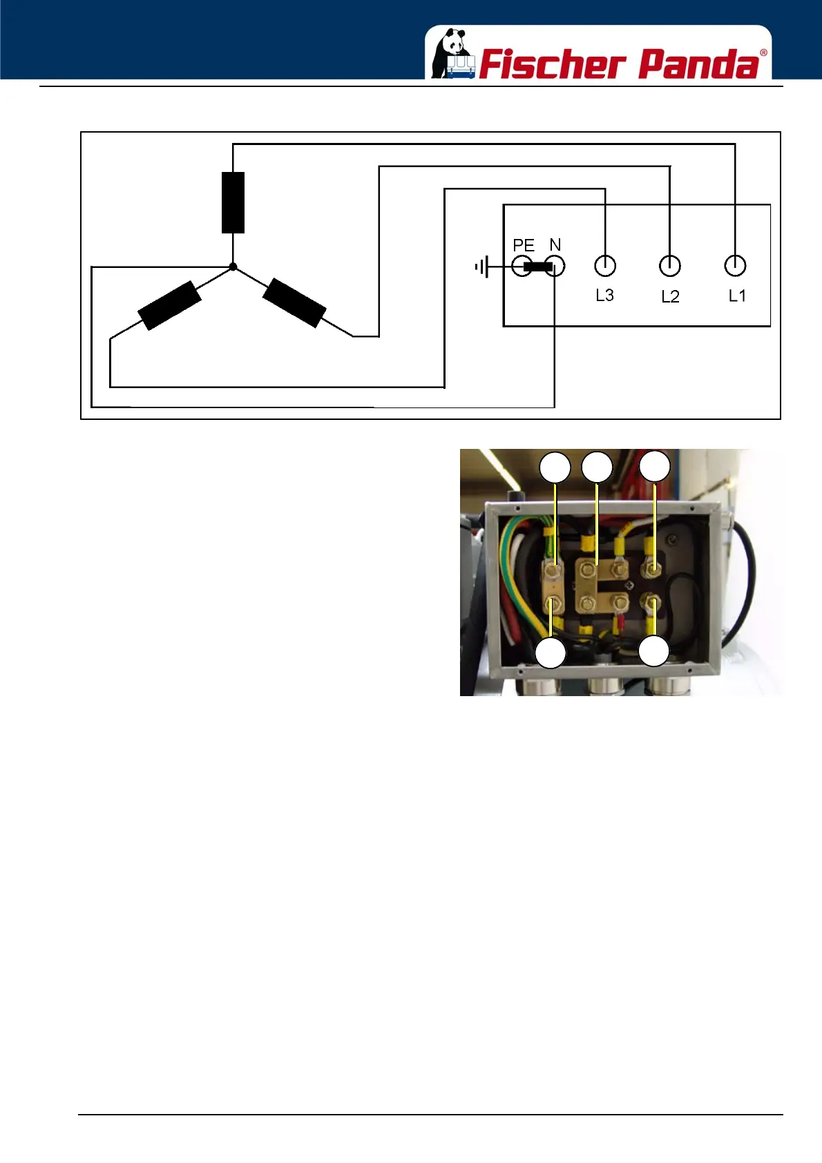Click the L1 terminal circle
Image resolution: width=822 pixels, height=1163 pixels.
tap(735, 265)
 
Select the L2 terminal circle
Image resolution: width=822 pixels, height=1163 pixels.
tap(670, 265)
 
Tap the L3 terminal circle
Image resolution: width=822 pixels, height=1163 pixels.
tap(605, 265)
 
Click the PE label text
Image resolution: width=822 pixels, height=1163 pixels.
tap(524, 245)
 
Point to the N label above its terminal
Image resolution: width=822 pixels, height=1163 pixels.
tap(555, 244)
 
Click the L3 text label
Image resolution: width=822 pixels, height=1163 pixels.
tap(604, 295)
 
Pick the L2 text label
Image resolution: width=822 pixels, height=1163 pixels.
tap(670, 296)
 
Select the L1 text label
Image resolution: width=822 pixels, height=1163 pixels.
tap(737, 296)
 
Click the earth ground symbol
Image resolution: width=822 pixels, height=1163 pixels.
tap(482, 267)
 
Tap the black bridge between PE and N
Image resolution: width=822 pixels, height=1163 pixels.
tap(537, 267)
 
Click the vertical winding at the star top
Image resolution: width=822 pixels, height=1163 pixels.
tap(233, 202)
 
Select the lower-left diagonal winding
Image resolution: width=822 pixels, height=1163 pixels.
tap(170, 305)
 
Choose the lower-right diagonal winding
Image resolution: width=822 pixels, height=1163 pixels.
tap(294, 302)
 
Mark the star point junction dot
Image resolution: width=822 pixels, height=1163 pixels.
tap(233, 267)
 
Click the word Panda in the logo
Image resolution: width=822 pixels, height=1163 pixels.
tap(698, 64)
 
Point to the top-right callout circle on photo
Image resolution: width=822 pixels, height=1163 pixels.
tap(654, 467)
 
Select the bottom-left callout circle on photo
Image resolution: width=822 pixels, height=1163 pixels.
tap(551, 653)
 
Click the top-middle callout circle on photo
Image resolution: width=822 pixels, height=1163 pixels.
tap(597, 468)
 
